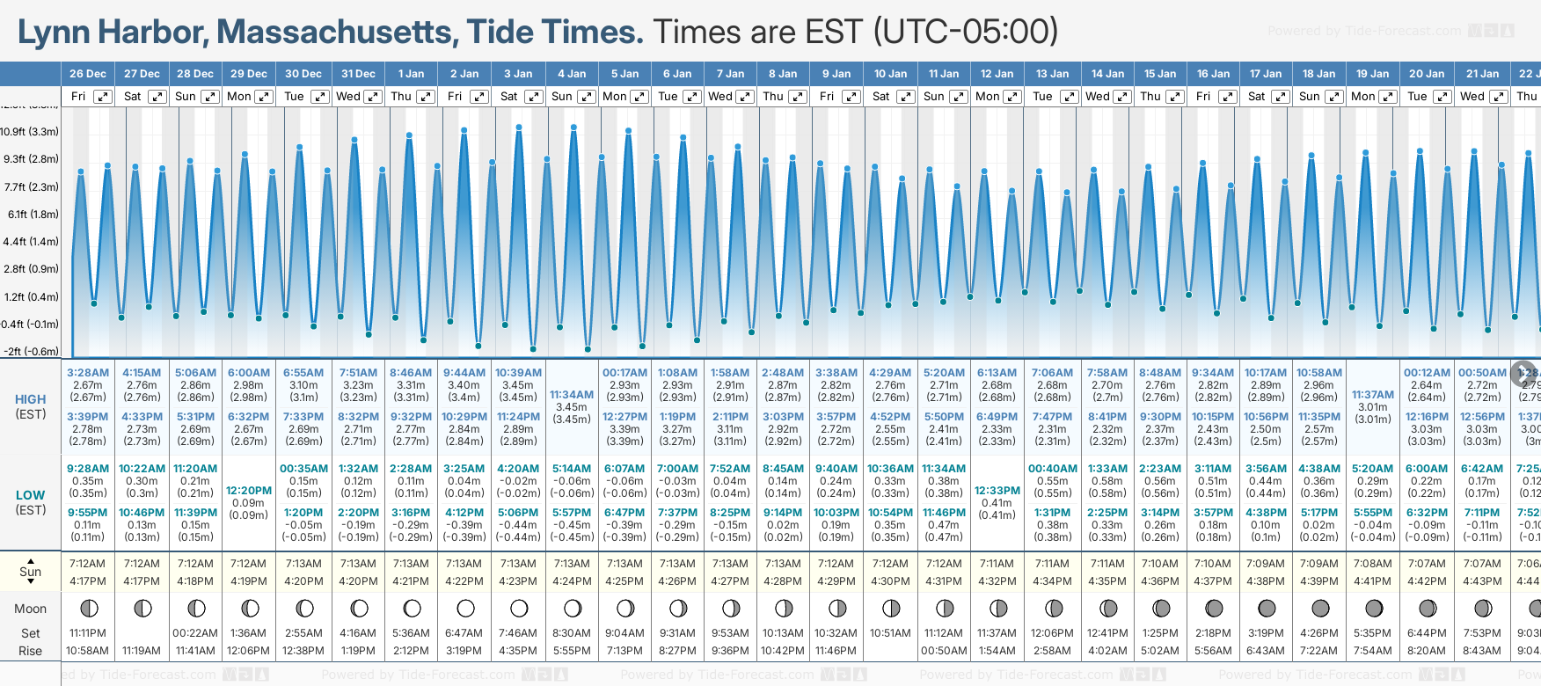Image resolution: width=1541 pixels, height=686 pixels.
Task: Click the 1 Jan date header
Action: [411, 74]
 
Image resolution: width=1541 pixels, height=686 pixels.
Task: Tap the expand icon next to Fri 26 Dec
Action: [103, 97]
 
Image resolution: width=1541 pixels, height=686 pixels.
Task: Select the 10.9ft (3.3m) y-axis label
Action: [30, 132]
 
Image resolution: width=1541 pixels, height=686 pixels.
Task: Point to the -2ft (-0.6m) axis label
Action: [30, 351]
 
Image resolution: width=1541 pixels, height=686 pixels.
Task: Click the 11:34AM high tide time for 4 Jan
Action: [572, 395]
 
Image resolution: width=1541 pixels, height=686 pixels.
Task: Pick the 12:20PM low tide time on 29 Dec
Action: [249, 491]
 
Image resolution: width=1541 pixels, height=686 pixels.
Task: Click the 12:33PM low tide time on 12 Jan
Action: [997, 491]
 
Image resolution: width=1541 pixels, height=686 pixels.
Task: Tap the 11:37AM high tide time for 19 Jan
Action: [1372, 395]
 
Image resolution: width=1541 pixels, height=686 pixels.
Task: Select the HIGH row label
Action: [31, 399]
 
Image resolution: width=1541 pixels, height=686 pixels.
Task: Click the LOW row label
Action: [31, 495]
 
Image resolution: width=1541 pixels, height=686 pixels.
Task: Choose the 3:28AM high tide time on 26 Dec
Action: [88, 373]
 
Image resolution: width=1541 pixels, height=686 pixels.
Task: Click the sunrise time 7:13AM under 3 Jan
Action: [518, 564]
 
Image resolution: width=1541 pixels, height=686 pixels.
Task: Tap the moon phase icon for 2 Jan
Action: [465, 608]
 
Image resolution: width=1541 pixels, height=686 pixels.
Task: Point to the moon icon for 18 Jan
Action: [1320, 608]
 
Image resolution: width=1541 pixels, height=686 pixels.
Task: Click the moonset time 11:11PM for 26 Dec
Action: [88, 633]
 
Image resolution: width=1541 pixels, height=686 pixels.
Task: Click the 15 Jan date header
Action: [1159, 74]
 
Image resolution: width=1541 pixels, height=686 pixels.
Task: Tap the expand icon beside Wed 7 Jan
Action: [744, 97]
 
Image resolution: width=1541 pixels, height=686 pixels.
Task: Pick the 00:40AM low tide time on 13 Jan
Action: [1052, 469]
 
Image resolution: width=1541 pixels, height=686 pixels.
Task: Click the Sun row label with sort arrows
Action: [31, 572]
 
